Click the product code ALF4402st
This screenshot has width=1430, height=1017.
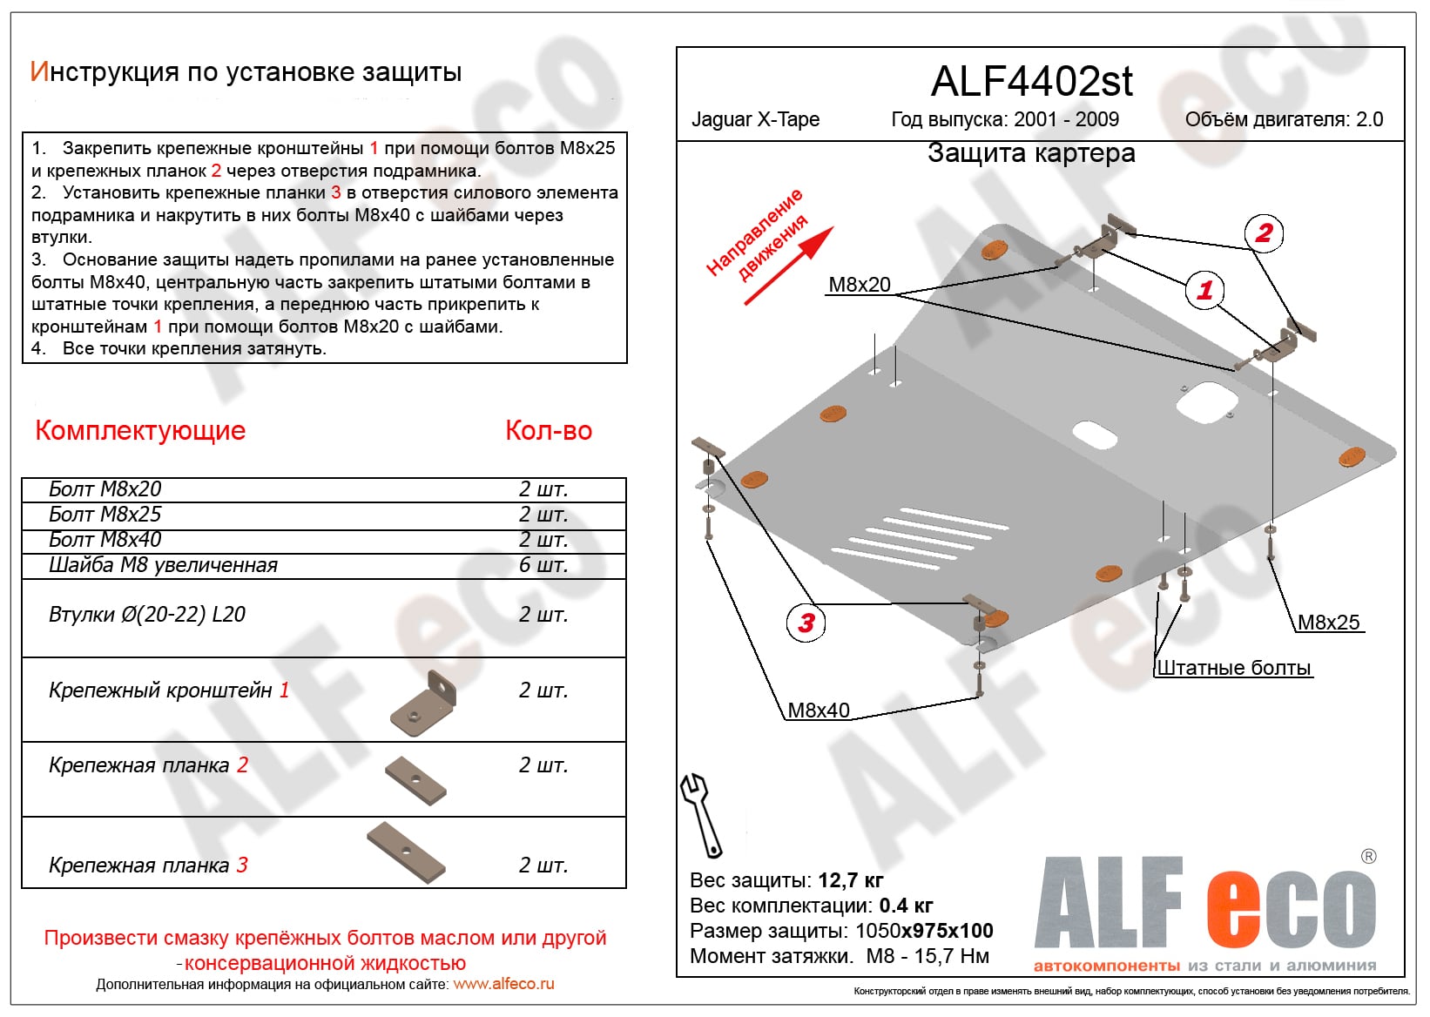point(1031,82)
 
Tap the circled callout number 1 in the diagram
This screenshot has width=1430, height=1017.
point(1204,290)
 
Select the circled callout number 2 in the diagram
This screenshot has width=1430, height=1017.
point(1264,233)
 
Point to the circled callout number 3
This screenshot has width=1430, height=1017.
point(806,623)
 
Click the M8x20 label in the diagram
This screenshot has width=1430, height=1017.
point(859,285)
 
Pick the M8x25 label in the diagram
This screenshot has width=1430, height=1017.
point(1328,623)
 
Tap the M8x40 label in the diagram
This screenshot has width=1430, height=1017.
point(818,711)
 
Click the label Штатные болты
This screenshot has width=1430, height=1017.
point(1233,668)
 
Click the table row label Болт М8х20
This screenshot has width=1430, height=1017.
point(105,489)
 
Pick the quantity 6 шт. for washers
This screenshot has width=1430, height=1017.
point(543,565)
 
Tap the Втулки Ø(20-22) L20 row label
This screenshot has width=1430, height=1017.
point(147,615)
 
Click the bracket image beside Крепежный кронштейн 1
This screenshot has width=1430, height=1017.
point(424,703)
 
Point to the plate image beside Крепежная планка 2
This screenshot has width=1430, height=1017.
point(416,779)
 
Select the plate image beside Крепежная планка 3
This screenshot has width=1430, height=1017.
point(407,851)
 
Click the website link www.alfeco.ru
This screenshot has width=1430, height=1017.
point(503,984)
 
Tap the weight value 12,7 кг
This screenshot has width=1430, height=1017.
point(851,880)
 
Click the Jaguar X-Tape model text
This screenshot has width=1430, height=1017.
point(755,119)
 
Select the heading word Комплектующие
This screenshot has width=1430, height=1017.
point(140,430)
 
